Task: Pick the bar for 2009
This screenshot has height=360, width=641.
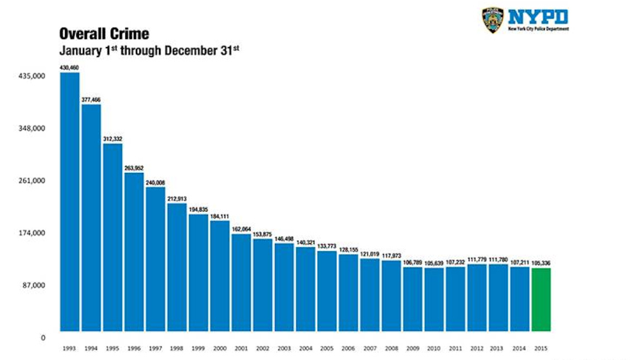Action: [412, 299]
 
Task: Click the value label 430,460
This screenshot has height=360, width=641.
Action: [69, 68]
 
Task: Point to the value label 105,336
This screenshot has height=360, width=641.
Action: [541, 263]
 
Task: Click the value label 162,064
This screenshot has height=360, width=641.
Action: [241, 229]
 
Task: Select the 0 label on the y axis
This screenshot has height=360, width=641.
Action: [42, 337]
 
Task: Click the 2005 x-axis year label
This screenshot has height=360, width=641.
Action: [326, 347]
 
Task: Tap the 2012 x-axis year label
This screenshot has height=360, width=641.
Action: [477, 347]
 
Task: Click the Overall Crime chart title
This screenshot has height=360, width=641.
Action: [104, 34]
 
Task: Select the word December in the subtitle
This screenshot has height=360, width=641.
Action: [181, 50]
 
